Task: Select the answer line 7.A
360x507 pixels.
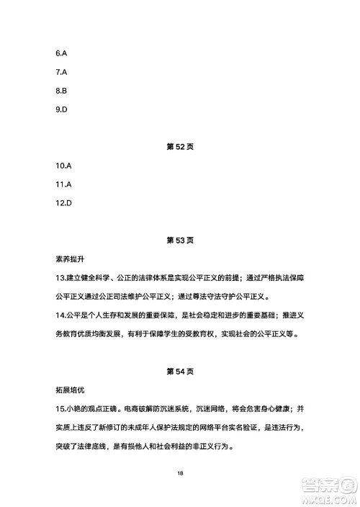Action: [x=61, y=73]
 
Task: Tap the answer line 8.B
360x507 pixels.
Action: [x=61, y=91]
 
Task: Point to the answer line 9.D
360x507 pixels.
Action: [x=61, y=110]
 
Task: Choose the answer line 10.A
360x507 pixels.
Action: [x=63, y=166]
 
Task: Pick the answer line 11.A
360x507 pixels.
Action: [x=63, y=184]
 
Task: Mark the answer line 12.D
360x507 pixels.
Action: [x=63, y=203]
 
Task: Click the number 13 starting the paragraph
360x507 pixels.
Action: [x=60, y=278]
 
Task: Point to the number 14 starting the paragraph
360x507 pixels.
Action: [x=60, y=315]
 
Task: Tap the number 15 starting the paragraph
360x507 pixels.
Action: [x=60, y=409]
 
